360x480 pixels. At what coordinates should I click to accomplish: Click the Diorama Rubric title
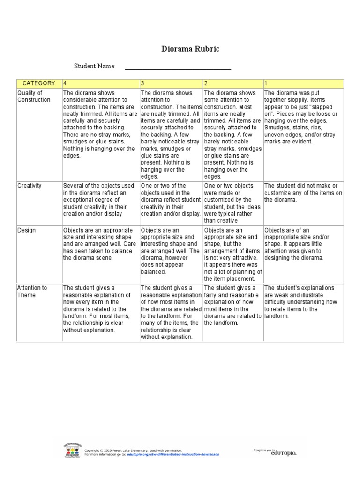(x=190, y=49)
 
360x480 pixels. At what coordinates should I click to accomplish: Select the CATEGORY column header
(x=39, y=83)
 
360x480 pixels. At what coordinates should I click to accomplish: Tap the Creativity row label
(x=30, y=186)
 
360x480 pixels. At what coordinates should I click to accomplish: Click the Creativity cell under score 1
(x=303, y=193)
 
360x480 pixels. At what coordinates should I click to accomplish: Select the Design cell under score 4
(x=100, y=244)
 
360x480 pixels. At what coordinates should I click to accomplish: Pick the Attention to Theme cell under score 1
(x=303, y=302)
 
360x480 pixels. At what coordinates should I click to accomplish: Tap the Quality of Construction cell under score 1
(x=303, y=117)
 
